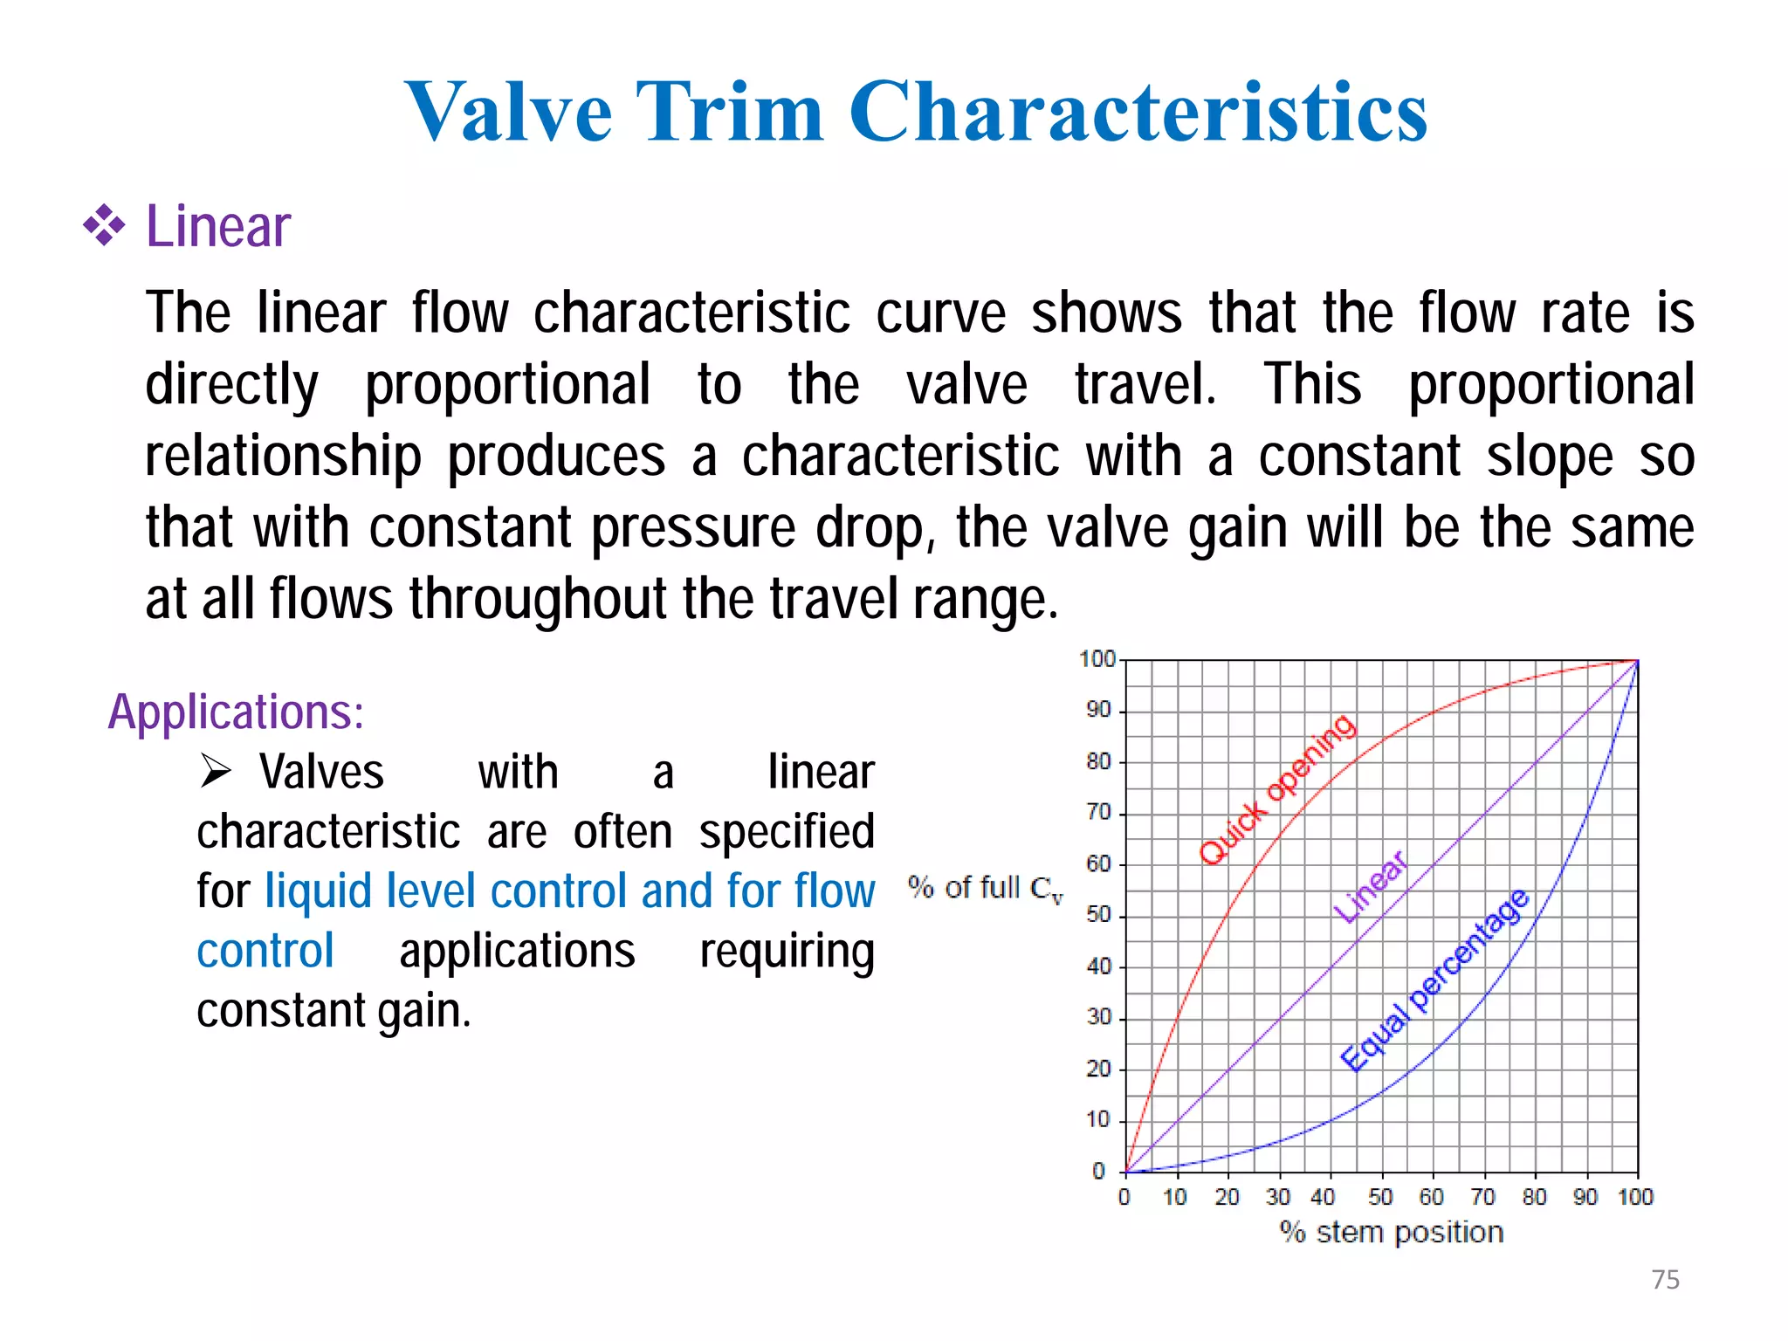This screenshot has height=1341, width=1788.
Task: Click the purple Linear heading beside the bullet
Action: [217, 226]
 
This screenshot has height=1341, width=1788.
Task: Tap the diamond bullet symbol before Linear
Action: [104, 225]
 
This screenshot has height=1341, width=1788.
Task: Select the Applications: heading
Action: [236, 712]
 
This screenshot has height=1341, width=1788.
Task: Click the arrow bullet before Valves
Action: [215, 771]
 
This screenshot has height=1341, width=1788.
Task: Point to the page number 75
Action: [1665, 1279]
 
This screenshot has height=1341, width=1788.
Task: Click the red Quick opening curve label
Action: [1277, 789]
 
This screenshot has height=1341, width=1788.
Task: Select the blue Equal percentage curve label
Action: [1434, 980]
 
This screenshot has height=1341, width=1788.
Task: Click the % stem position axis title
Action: [1392, 1232]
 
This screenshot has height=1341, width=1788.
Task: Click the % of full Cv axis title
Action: [985, 889]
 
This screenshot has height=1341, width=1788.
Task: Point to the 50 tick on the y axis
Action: [1098, 914]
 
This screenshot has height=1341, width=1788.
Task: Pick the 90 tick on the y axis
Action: [1098, 709]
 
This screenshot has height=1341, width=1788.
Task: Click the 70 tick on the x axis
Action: [1483, 1197]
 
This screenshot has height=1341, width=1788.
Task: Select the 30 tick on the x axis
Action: [1278, 1197]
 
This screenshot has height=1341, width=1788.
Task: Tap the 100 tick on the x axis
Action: [1635, 1197]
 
